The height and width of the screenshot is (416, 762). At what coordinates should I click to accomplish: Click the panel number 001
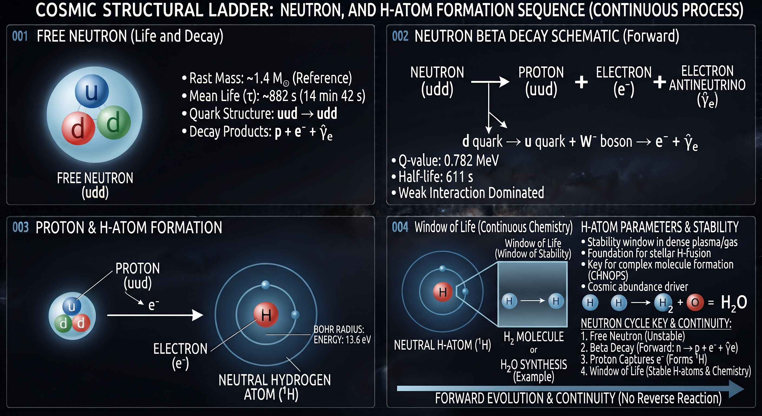[x=20, y=36]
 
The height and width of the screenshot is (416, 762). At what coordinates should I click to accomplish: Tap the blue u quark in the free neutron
[x=92, y=91]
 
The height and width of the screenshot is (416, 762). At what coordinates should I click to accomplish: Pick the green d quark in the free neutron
[x=114, y=123]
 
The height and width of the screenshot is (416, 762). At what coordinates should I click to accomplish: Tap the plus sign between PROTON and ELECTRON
[x=581, y=82]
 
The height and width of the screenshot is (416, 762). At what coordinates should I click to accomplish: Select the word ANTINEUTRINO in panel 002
[x=707, y=85]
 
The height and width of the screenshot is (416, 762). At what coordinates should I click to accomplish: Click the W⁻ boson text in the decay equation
[x=606, y=142]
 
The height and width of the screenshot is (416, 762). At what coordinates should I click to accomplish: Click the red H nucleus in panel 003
[x=266, y=314]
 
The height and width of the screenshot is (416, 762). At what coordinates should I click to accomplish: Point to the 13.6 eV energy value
[x=356, y=340]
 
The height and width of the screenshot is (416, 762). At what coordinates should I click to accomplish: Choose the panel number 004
[x=400, y=227]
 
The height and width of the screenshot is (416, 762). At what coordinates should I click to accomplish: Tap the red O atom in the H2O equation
[x=695, y=303]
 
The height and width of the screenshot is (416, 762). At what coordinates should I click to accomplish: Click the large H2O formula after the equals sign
[x=734, y=303]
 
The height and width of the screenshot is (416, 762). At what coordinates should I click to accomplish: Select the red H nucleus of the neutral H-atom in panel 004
[x=442, y=292]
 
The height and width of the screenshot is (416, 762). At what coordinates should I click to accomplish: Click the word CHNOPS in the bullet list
[x=608, y=276]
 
